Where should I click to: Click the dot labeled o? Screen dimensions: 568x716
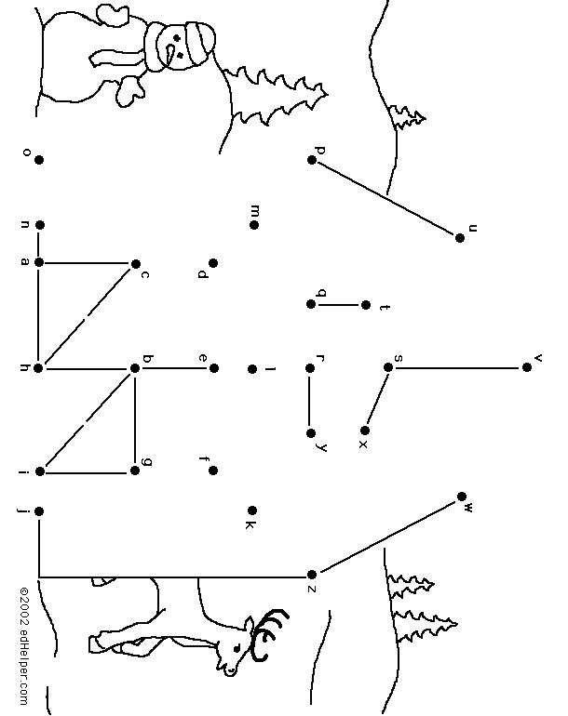(39, 160)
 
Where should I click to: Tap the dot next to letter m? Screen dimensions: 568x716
(254, 225)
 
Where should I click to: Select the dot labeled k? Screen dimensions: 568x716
(252, 510)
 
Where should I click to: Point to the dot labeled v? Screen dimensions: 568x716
(526, 367)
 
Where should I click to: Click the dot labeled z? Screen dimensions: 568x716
(311, 574)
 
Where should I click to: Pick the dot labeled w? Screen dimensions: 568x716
(462, 497)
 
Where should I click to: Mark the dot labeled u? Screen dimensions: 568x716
(460, 237)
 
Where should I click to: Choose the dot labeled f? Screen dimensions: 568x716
(212, 471)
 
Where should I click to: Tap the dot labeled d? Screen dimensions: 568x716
(213, 263)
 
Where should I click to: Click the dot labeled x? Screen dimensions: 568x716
(364, 431)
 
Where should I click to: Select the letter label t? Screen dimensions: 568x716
(385, 307)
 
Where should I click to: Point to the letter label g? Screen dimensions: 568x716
(147, 461)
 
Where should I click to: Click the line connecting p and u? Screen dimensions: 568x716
(385, 199)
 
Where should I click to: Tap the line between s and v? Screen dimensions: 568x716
(457, 367)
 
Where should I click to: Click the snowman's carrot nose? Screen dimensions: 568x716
(170, 54)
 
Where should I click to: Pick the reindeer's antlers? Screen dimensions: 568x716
(268, 634)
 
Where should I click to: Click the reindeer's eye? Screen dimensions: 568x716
(237, 648)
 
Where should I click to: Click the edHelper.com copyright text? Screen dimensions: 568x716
(24, 645)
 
